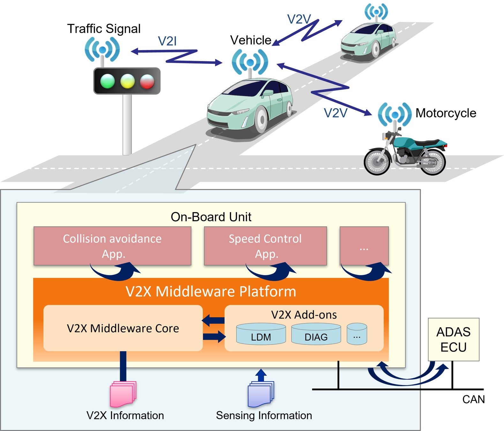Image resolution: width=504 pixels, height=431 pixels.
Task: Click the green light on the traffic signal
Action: pyautogui.click(x=107, y=81)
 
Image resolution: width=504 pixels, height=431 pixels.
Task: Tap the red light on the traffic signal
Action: pyautogui.click(x=147, y=81)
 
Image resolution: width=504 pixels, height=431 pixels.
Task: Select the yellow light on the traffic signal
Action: pyautogui.click(x=127, y=81)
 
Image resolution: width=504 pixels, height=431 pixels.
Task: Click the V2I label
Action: pyautogui.click(x=167, y=41)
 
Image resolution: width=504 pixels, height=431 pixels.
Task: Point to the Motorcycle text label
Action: pyautogui.click(x=446, y=113)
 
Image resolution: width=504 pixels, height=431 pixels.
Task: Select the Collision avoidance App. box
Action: pyautogui.click(x=112, y=246)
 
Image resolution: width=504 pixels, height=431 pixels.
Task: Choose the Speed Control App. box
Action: pyautogui.click(x=265, y=246)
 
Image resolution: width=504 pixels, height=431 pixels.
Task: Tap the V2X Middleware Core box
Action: pyautogui.click(x=123, y=328)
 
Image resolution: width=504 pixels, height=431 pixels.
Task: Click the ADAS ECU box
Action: pyautogui.click(x=453, y=339)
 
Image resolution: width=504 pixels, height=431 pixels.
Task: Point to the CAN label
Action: pyautogui.click(x=473, y=399)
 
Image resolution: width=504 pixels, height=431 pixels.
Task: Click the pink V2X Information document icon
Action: pyautogui.click(x=123, y=394)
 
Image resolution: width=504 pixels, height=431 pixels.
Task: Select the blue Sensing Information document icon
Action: pyautogui.click(x=261, y=394)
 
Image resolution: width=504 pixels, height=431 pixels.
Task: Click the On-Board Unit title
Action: pyautogui.click(x=211, y=217)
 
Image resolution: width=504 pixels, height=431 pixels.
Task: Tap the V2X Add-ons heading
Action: pyautogui.click(x=304, y=315)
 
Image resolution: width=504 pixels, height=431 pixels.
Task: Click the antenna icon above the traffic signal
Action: pyautogui.click(x=102, y=50)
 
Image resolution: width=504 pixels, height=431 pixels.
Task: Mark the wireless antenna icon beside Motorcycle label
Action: pyautogui.click(x=395, y=114)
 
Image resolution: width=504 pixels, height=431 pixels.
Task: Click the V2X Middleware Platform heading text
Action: pyautogui.click(x=211, y=291)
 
